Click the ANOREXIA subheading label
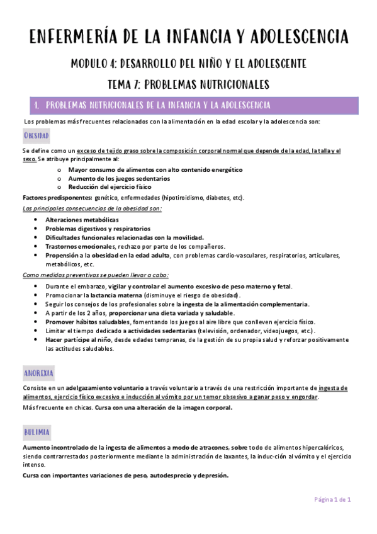[38, 372]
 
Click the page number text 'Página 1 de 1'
[332, 499]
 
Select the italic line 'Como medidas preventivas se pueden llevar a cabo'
[95, 275]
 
